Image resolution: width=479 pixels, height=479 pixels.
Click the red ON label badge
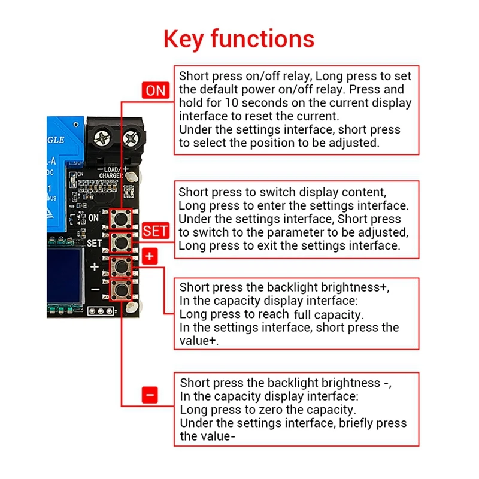pos(156,90)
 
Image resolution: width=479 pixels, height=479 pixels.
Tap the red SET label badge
pos(156,231)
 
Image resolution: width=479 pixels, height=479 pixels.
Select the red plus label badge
pos(150,256)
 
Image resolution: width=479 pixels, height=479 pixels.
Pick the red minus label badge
pos(150,395)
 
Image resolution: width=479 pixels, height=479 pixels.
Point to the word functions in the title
pos(262,38)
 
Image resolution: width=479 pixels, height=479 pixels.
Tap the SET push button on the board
pos(122,243)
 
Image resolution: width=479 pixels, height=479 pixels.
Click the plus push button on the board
pos(122,266)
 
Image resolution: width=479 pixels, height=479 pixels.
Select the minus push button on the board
pos(122,289)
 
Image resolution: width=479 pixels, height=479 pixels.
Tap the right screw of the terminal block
pos(131,138)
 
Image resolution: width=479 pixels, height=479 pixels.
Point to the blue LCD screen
pos(65,276)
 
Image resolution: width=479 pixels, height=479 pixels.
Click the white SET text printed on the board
pos(94,244)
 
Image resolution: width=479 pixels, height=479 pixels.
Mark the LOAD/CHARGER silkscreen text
pos(111,172)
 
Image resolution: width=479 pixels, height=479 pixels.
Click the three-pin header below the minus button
pos(101,311)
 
